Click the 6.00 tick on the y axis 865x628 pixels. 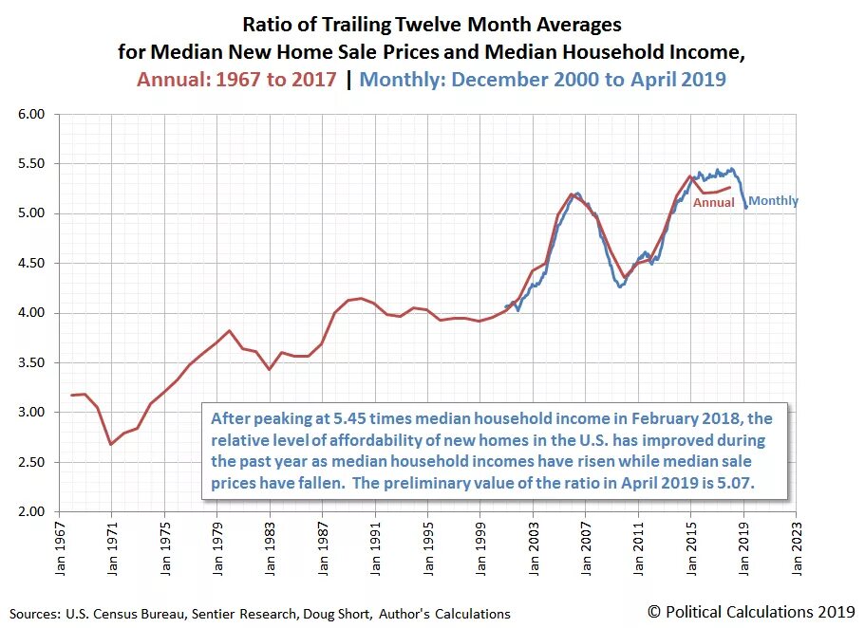pos(32,114)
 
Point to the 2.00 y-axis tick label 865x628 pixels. pos(32,511)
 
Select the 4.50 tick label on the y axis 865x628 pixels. pos(32,263)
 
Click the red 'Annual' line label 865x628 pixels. pos(713,202)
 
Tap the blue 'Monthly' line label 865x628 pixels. pos(774,201)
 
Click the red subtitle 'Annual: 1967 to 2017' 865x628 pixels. pos(236,79)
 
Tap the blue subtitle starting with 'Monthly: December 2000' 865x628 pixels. pos(543,79)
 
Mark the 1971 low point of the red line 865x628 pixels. pos(111,444)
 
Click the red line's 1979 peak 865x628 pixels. pos(229,331)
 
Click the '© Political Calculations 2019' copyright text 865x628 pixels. pos(749,612)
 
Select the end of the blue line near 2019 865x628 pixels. pos(745,208)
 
